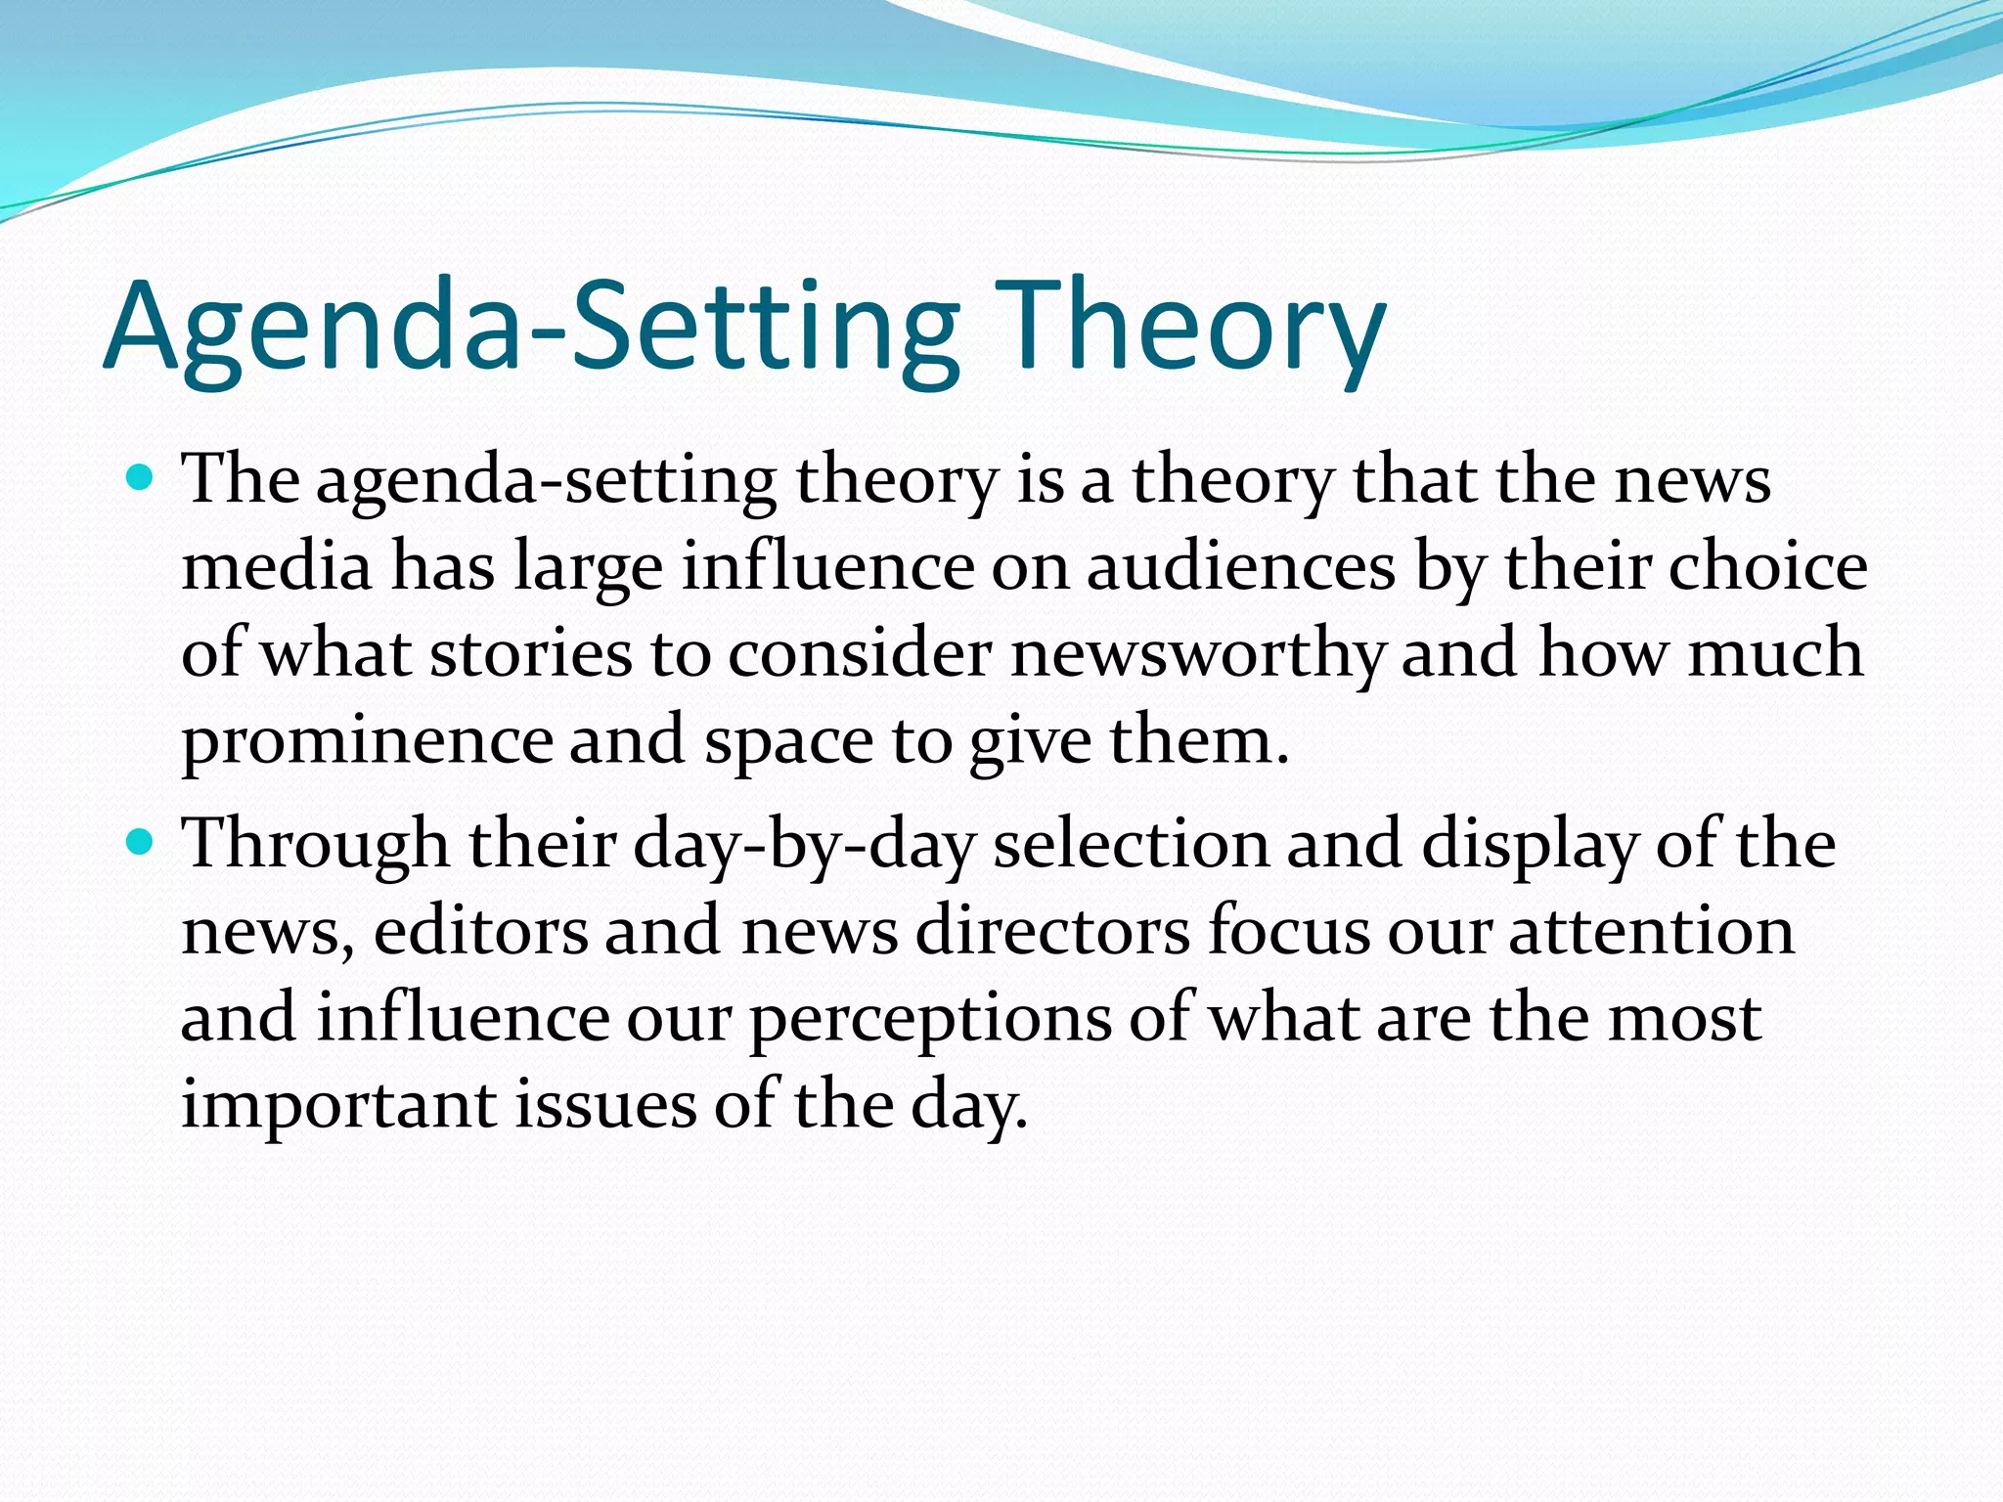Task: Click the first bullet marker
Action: click(142, 479)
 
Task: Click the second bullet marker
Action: click(142, 841)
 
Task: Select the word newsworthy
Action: click(1197, 653)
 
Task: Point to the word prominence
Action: click(368, 740)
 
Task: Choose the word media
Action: click(277, 567)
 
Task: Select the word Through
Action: click(316, 844)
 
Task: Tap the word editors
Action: click(480, 930)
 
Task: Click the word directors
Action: click(1052, 930)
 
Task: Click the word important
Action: click(338, 1104)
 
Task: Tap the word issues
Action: click(605, 1104)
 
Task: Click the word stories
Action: click(531, 653)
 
